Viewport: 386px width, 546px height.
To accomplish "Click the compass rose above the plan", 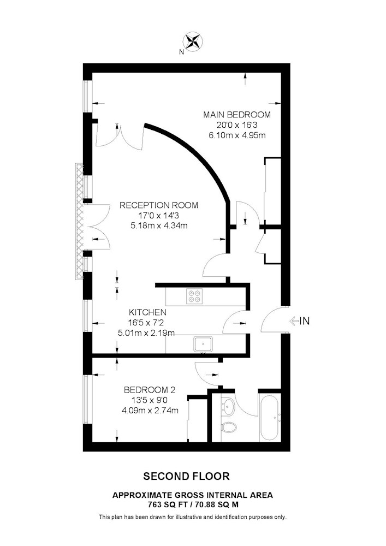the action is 193,40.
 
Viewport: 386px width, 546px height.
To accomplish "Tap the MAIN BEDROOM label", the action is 237,115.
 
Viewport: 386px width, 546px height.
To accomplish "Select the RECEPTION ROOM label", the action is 159,205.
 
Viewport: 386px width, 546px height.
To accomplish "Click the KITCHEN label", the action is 147,312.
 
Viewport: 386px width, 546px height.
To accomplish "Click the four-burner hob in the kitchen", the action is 194,295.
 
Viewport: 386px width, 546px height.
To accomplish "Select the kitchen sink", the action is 203,344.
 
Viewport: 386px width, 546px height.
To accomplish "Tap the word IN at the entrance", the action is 305,321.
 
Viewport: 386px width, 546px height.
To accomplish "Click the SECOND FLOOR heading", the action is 187,476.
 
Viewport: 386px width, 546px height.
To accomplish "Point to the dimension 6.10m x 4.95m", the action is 237,135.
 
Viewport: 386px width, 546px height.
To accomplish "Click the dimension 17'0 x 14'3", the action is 159,216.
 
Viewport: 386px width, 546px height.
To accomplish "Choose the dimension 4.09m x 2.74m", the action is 150,411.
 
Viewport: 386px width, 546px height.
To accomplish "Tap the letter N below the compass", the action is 181,52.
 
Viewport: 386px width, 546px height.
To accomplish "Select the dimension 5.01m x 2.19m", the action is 146,333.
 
